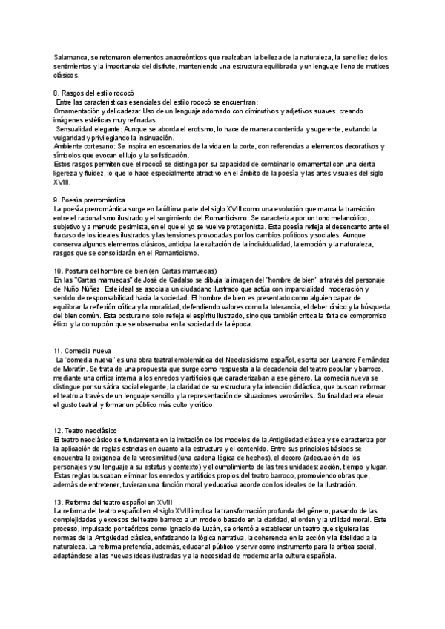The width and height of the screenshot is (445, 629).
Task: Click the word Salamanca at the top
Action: pos(71,56)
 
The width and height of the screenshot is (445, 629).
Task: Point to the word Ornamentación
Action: pos(79,111)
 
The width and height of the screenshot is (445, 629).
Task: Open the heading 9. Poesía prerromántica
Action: pos(90,200)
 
